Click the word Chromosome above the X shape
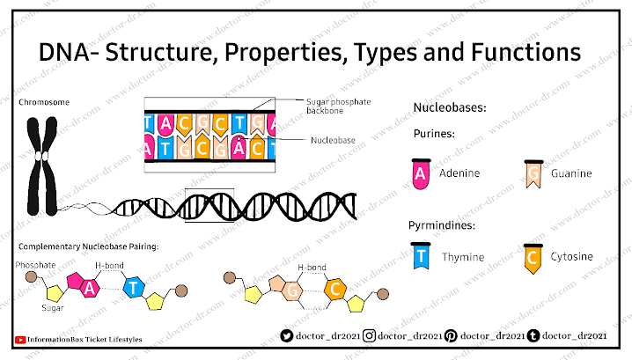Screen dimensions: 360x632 (x=44, y=102)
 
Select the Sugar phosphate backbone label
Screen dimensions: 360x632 (x=338, y=107)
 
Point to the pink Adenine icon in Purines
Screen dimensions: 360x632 (x=421, y=173)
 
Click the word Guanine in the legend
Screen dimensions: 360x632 (x=571, y=173)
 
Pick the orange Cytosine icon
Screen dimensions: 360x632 (x=531, y=257)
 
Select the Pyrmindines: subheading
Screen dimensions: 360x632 (x=442, y=225)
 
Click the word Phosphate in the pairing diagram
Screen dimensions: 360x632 (x=35, y=264)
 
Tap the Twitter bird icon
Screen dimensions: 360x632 (x=286, y=335)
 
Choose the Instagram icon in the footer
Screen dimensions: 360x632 (x=371, y=335)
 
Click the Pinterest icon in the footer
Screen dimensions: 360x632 (x=451, y=335)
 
